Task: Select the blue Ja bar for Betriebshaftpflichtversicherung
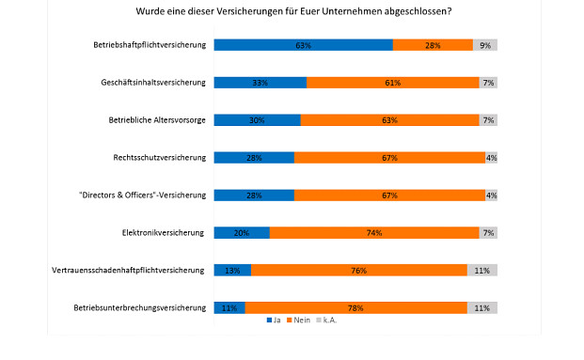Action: [x=303, y=45]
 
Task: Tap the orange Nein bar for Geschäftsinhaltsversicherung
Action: [x=393, y=83]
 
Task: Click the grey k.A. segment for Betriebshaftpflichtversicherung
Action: [x=485, y=45]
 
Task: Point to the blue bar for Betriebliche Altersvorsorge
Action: [x=257, y=120]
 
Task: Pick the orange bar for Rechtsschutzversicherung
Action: [x=389, y=158]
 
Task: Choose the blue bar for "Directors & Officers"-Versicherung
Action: [x=254, y=196]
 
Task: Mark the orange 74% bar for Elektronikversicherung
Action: [x=374, y=232]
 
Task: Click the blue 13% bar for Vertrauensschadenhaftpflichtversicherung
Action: [x=232, y=270]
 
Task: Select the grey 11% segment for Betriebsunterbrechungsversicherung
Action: [x=482, y=307]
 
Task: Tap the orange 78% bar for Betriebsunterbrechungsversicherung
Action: [x=355, y=307]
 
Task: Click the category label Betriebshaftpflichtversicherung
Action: [x=149, y=45]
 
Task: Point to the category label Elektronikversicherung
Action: [x=164, y=232]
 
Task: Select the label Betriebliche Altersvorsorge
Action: [x=156, y=120]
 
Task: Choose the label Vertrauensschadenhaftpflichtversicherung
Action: [x=128, y=270]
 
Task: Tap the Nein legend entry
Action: [x=300, y=321]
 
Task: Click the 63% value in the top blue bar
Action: [x=303, y=45]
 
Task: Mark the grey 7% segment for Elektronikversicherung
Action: [x=488, y=232]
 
